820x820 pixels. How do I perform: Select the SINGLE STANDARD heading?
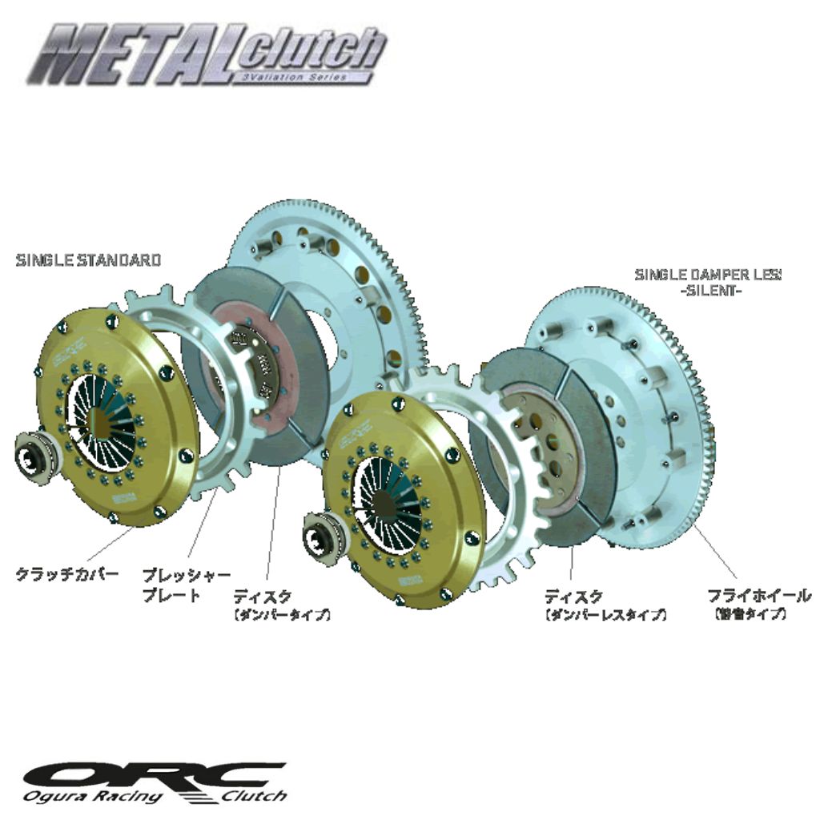pos(88,260)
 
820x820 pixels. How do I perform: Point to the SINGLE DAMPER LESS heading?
pos(708,275)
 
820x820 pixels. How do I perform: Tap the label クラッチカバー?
pos(67,574)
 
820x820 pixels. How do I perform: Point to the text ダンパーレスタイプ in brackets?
pos(605,615)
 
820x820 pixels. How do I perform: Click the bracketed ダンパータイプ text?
pos(282,615)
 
